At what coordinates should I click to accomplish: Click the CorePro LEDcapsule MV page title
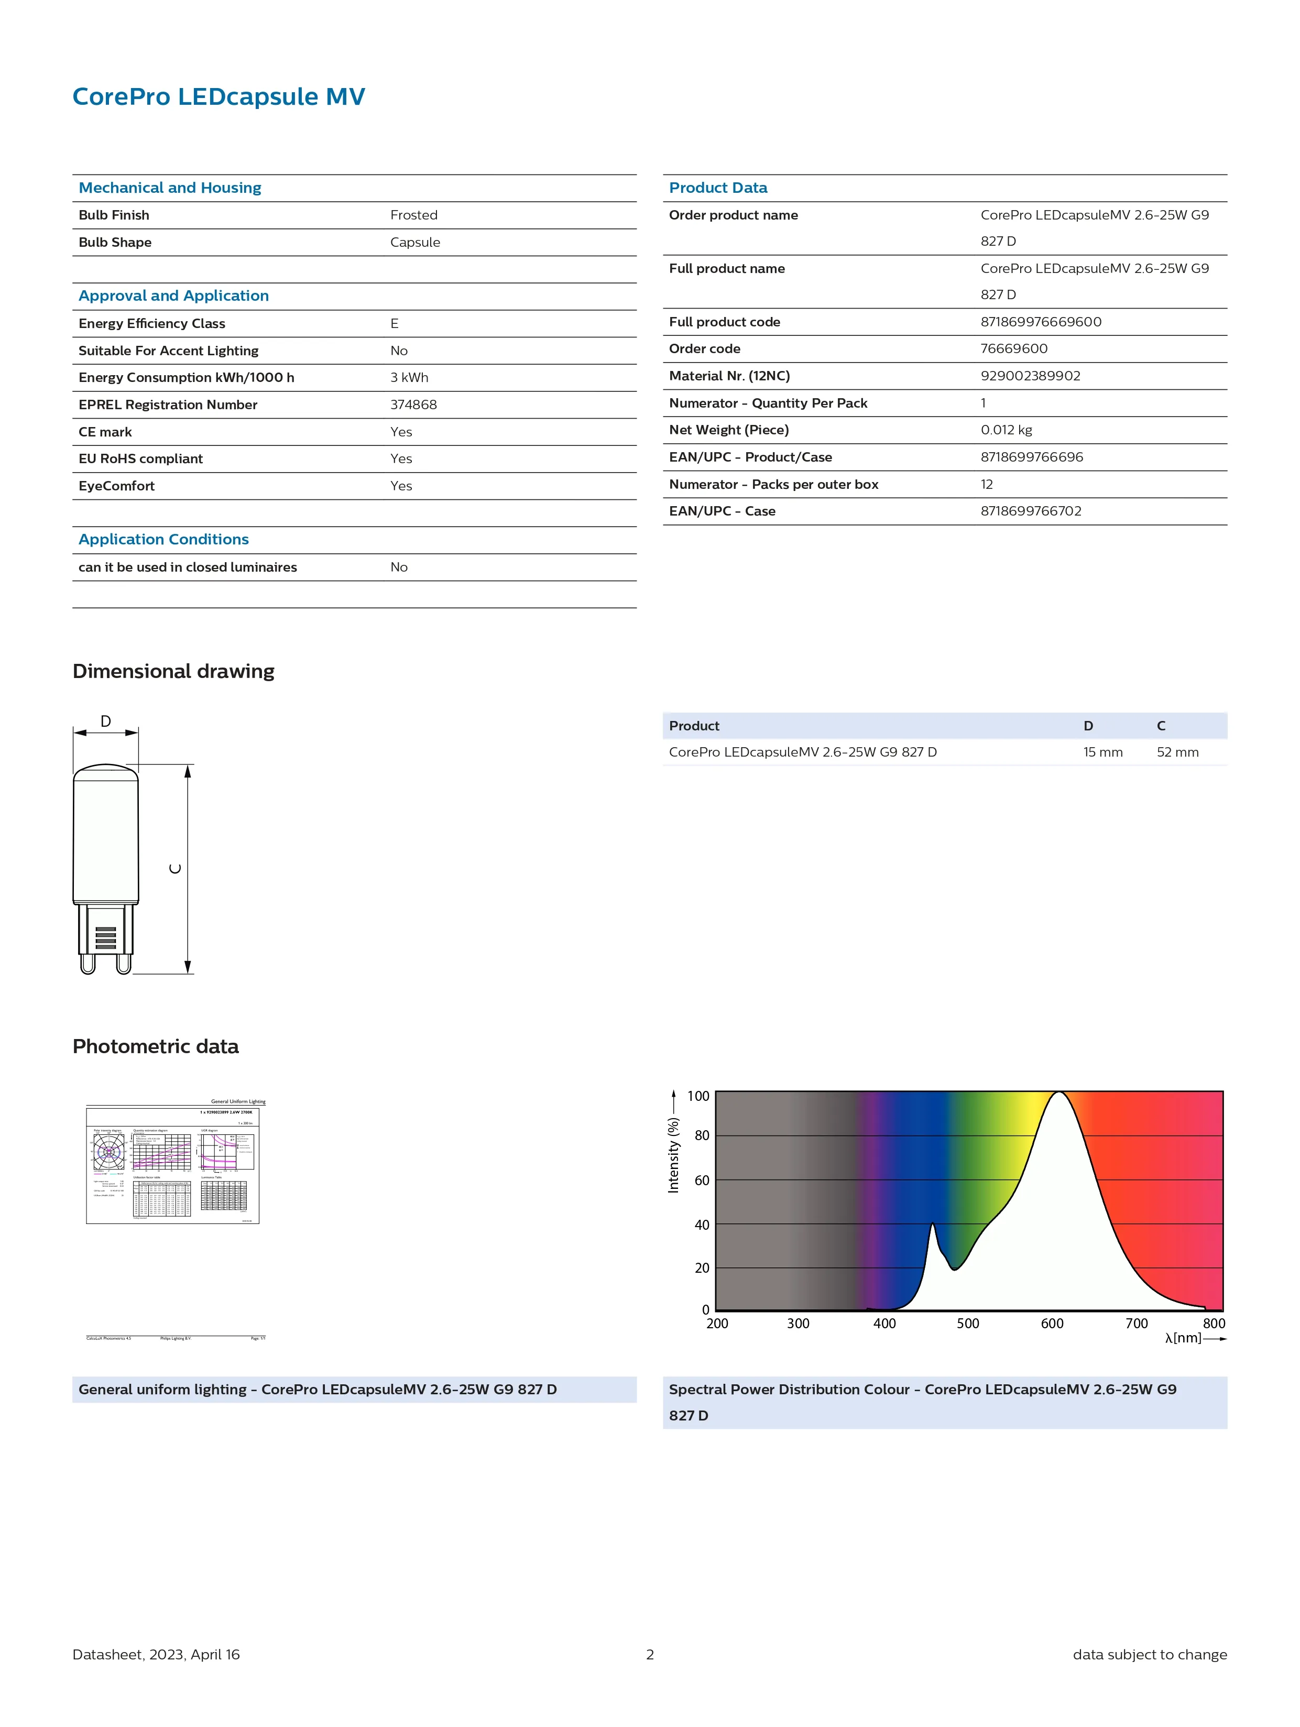[218, 97]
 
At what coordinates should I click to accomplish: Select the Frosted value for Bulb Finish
[414, 215]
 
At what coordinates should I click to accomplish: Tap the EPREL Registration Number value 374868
[413, 405]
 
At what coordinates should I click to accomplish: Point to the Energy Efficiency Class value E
[394, 323]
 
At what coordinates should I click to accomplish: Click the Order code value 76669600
[1013, 348]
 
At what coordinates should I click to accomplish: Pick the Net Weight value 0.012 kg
[1006, 430]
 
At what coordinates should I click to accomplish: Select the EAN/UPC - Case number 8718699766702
[1031, 510]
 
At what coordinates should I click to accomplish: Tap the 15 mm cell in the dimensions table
[1102, 752]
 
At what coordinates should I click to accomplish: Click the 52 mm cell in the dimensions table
[1177, 752]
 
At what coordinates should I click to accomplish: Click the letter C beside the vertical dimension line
[176, 868]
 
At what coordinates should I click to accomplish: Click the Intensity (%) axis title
[673, 1155]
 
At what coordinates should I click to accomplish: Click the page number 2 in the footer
[650, 1654]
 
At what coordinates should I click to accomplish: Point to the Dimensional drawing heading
[173, 671]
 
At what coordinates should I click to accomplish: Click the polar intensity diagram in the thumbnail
[108, 1151]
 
